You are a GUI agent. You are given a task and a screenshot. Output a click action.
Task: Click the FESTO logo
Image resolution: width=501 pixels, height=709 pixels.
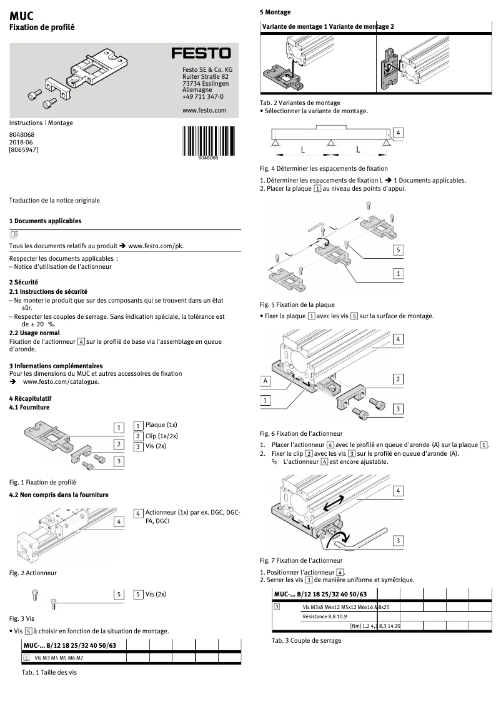(201, 53)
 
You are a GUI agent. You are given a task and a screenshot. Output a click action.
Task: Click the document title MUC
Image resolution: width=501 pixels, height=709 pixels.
(22, 15)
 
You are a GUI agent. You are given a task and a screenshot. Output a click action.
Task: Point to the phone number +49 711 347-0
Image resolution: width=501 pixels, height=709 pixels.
(202, 97)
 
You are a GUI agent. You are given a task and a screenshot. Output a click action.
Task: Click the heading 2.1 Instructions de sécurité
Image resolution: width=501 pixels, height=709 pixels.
(48, 291)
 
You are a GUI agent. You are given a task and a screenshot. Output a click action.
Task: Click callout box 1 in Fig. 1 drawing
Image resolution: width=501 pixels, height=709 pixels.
(118, 428)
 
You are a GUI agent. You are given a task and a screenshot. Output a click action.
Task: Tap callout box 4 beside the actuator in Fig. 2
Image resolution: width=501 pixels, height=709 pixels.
(118, 521)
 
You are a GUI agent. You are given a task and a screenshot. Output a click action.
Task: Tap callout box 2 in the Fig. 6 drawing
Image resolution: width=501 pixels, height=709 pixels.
(398, 379)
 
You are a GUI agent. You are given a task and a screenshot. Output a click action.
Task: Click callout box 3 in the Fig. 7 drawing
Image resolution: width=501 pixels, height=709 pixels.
(398, 540)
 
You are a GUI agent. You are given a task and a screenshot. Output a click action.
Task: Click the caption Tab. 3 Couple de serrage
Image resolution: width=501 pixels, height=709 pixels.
(306, 641)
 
